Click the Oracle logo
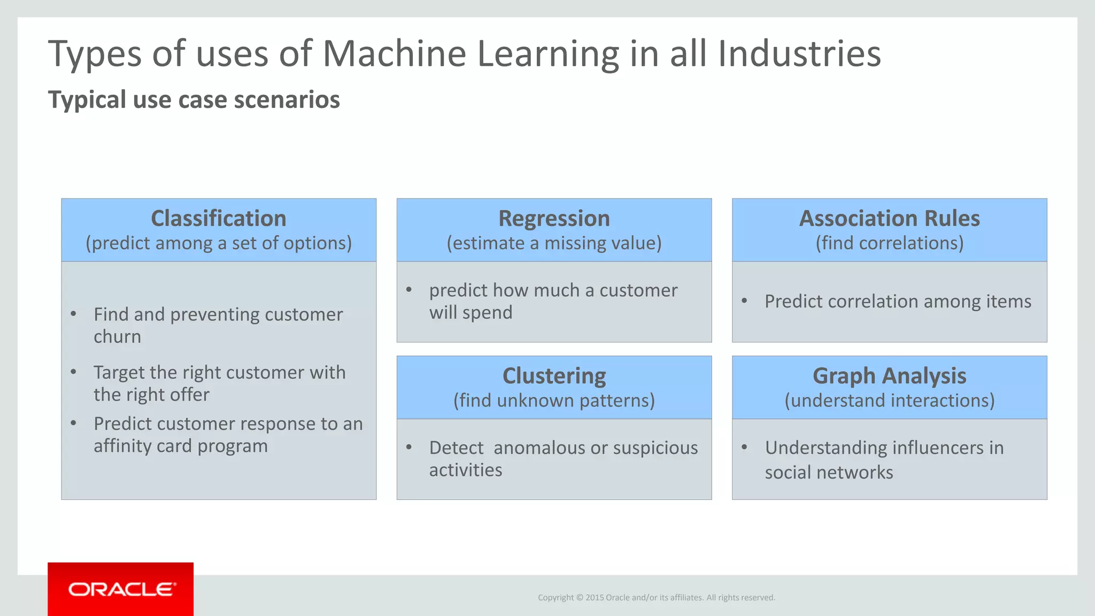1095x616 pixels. pyautogui.click(x=121, y=589)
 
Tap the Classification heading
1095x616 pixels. pyautogui.click(x=218, y=219)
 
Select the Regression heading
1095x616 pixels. pyautogui.click(x=554, y=219)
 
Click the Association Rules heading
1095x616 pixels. pyautogui.click(x=889, y=219)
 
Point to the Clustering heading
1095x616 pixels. pyautogui.click(x=554, y=376)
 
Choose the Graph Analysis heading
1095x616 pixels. pyautogui.click(x=889, y=376)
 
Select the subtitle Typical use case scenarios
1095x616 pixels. pyautogui.click(x=194, y=100)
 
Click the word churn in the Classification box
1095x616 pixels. pyautogui.click(x=117, y=337)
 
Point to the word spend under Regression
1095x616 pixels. pyautogui.click(x=487, y=312)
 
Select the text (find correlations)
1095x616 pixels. pyautogui.click(x=889, y=243)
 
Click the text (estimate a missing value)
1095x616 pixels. pyautogui.click(x=554, y=243)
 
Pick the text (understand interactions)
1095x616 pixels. pyautogui.click(x=889, y=401)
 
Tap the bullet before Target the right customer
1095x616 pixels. pyautogui.click(x=74, y=372)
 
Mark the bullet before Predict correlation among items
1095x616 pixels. pyautogui.click(x=744, y=301)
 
